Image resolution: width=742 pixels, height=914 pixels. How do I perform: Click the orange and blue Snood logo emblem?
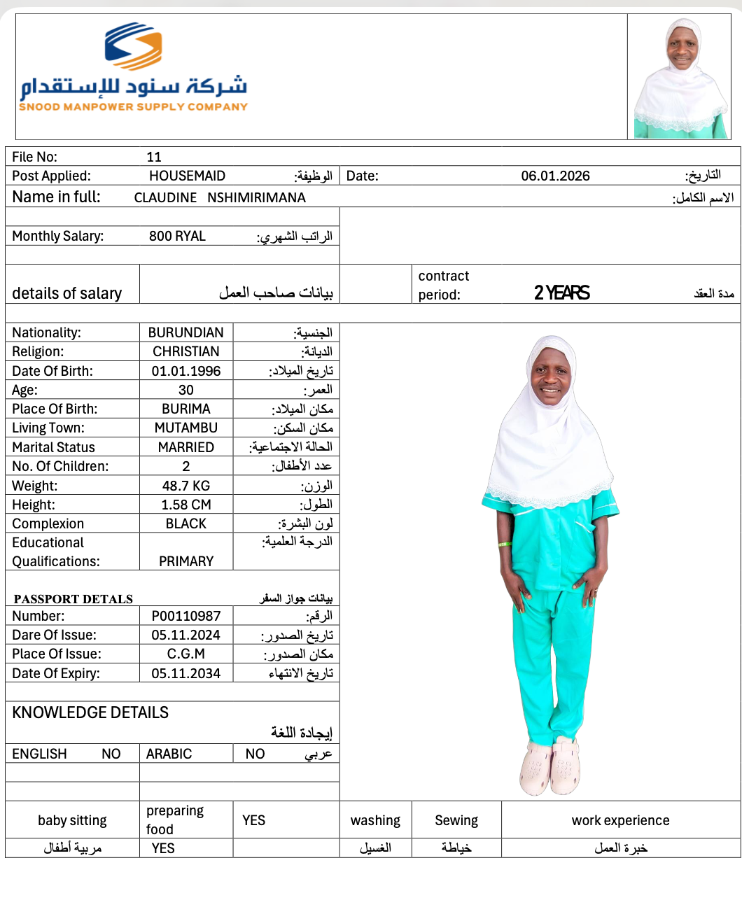tap(134, 46)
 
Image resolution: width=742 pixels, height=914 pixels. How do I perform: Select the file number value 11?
tap(154, 157)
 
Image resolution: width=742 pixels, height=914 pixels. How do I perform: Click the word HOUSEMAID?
tap(187, 176)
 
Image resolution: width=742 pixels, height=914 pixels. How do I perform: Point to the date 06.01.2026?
tap(555, 176)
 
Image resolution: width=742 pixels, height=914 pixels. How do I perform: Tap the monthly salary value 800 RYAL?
tap(177, 236)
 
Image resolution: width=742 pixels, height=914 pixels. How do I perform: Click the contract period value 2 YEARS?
tap(561, 293)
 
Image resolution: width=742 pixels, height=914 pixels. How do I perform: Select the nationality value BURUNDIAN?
tap(185, 332)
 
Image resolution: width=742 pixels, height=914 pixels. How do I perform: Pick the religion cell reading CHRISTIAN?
tap(185, 351)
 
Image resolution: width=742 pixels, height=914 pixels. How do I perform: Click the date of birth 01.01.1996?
tap(185, 371)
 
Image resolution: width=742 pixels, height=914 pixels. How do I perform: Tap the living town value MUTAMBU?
tap(185, 428)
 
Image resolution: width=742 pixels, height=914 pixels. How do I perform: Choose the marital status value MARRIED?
tap(185, 447)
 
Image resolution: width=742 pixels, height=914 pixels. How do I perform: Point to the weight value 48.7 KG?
tap(185, 486)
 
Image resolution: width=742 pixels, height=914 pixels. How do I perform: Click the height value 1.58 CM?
tap(185, 505)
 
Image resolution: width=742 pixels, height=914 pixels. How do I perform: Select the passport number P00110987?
tap(185, 616)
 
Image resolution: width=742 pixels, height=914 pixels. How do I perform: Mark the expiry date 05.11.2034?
tap(185, 673)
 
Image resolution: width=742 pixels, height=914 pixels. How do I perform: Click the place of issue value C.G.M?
tap(185, 654)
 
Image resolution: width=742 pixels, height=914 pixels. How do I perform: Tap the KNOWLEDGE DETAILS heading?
tap(90, 712)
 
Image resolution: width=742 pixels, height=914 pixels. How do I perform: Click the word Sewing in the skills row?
tap(456, 820)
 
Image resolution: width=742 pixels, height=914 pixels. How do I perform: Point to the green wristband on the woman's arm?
tap(504, 544)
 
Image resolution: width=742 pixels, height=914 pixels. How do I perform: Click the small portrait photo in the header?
tap(680, 77)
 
